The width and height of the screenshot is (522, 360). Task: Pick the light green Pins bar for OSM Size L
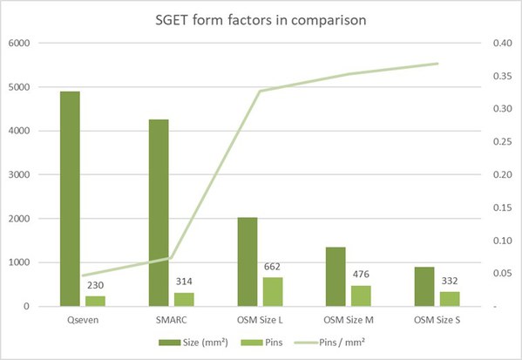[273, 291]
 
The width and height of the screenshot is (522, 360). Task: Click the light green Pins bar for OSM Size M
[361, 295]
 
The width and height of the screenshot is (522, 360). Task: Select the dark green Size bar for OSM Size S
[424, 286]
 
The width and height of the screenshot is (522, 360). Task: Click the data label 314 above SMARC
[184, 279]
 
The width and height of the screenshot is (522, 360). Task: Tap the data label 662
[273, 266]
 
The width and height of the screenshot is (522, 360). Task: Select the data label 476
[361, 275]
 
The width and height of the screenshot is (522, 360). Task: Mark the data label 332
[450, 281]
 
